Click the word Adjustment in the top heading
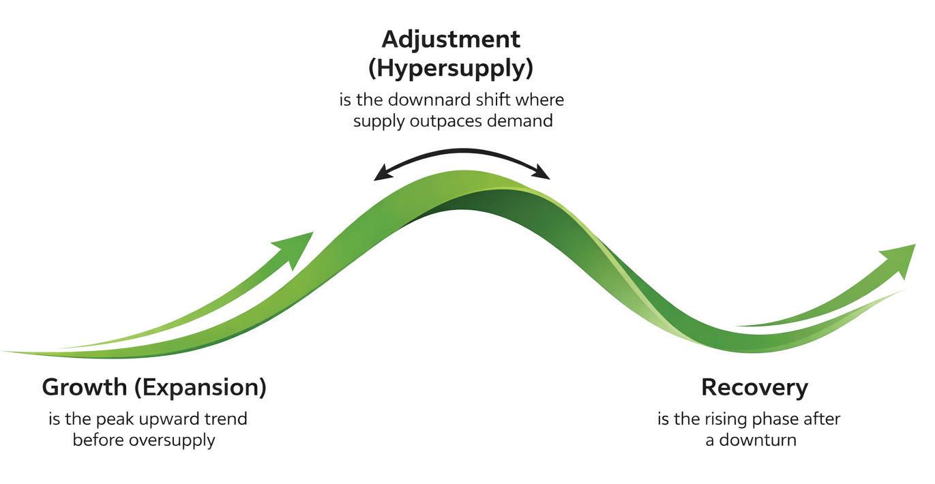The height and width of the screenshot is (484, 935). [x=451, y=40]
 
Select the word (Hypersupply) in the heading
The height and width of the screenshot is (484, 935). [x=451, y=69]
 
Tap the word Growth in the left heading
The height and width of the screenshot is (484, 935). [x=85, y=388]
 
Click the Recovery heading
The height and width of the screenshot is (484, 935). [x=754, y=388]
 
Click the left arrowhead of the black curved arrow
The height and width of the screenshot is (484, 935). [x=382, y=175]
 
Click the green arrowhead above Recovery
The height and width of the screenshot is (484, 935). [x=900, y=257]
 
